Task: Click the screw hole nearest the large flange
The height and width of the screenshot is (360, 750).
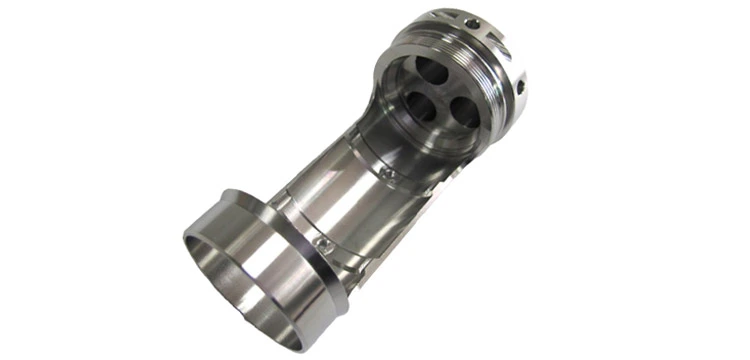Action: click(322, 243)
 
